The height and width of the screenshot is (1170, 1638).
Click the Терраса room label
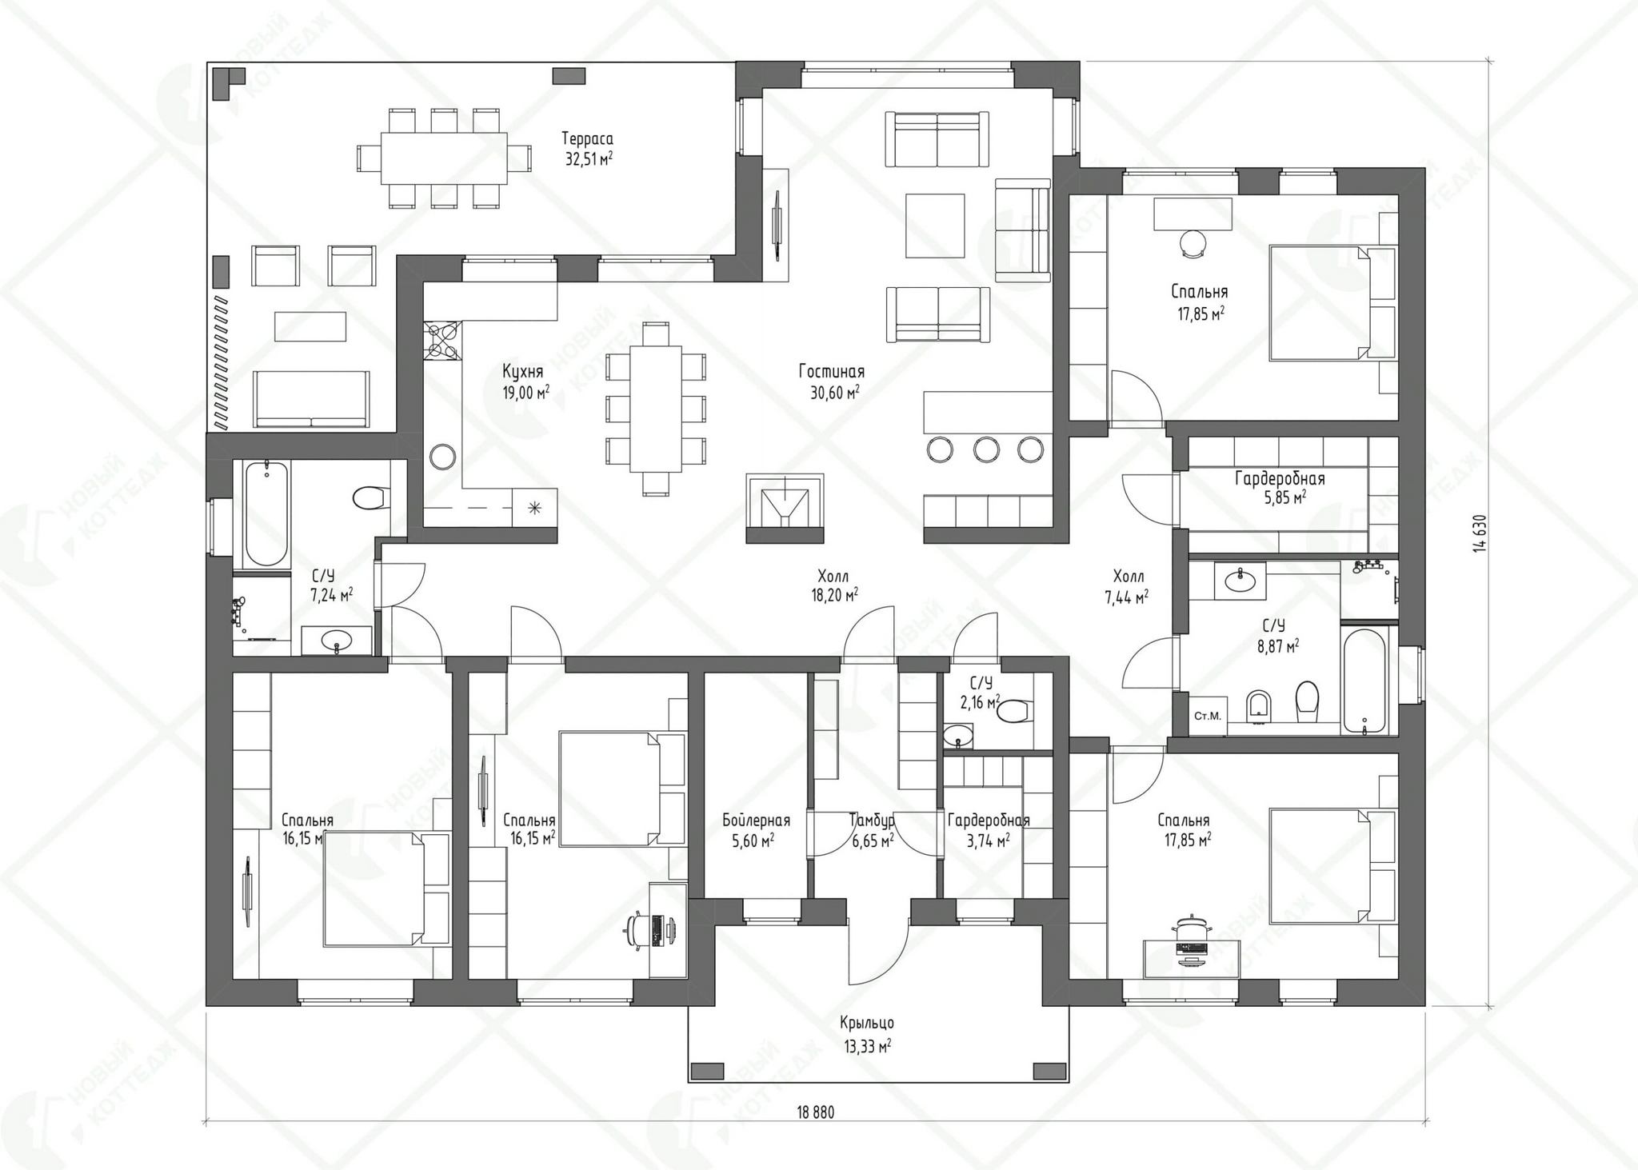587,138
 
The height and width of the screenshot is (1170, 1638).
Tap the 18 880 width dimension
815,1112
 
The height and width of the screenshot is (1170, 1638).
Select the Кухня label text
522,371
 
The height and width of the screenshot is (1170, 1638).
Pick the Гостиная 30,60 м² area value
832,393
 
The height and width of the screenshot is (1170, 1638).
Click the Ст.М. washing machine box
1207,716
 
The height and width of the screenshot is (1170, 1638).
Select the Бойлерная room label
756,821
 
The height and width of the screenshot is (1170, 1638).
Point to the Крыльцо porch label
867,1023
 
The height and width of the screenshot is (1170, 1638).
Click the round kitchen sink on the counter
442,457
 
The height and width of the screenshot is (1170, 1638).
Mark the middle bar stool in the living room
986,449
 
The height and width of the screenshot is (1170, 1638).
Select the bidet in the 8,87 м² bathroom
1258,704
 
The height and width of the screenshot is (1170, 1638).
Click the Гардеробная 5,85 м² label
1280,488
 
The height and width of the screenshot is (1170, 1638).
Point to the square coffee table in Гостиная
935,226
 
